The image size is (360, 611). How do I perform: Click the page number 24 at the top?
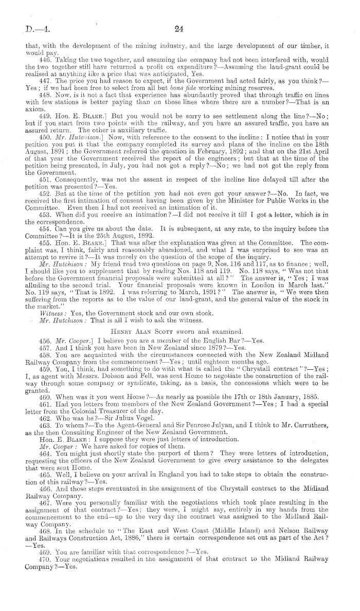[x=179, y=30]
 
